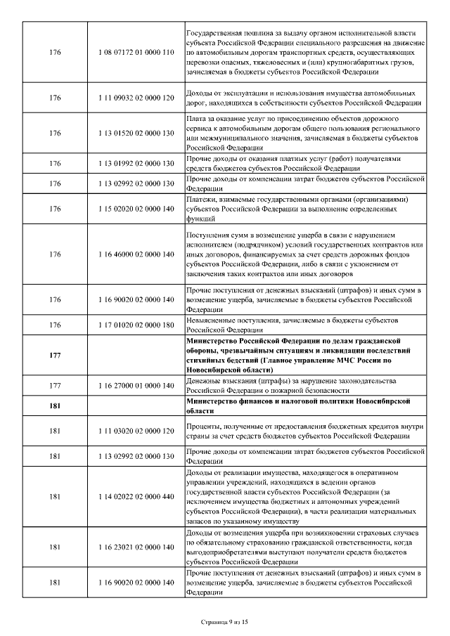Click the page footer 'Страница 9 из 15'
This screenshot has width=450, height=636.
(225, 622)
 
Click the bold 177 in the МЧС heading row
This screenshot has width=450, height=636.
(56, 356)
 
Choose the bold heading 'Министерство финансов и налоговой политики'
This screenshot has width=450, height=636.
(285, 401)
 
